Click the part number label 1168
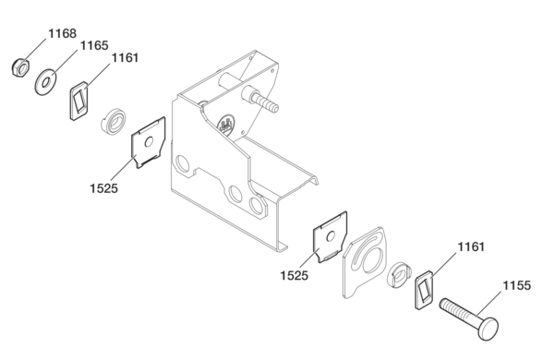pyautogui.click(x=62, y=33)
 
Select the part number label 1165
pyautogui.click(x=94, y=45)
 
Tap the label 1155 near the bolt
pyautogui.click(x=516, y=285)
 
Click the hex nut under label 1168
pyautogui.click(x=20, y=67)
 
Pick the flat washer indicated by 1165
pyautogui.click(x=45, y=83)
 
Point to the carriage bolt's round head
pyautogui.click(x=488, y=329)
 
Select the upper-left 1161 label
pyautogui.click(x=125, y=58)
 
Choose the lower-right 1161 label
pyautogui.click(x=471, y=246)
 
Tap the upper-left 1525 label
pyautogui.click(x=103, y=188)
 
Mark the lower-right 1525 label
pyautogui.click(x=295, y=275)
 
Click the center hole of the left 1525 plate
pyautogui.click(x=149, y=142)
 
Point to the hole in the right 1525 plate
pyautogui.click(x=331, y=236)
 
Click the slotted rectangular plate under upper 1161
pyautogui.click(x=78, y=101)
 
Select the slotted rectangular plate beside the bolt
pyautogui.click(x=424, y=290)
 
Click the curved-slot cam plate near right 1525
pyautogui.click(x=365, y=262)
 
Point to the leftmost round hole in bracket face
pyautogui.click(x=184, y=163)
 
